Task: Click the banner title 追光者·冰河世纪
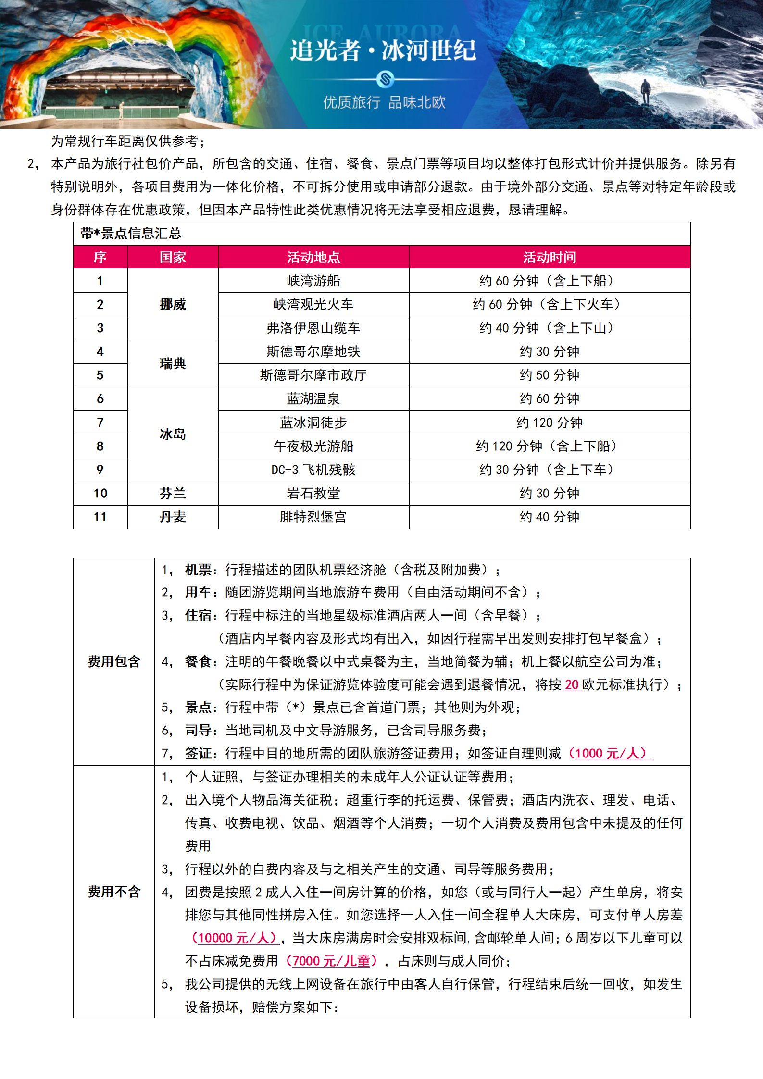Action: (x=383, y=50)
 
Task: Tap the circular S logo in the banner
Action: (x=385, y=79)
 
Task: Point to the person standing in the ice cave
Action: (x=646, y=91)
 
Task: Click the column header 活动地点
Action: (x=313, y=257)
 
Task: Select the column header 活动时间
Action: (x=550, y=257)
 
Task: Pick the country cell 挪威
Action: (x=173, y=304)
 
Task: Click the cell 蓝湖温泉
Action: (x=313, y=398)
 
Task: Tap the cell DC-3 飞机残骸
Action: (x=313, y=470)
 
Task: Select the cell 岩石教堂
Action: (x=313, y=493)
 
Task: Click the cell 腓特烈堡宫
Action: (x=313, y=517)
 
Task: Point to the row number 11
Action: (x=100, y=517)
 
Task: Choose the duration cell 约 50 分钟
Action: (x=550, y=375)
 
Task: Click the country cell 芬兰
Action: (x=173, y=493)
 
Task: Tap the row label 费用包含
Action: (x=114, y=661)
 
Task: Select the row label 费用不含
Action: (x=114, y=892)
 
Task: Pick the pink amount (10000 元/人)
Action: (x=234, y=938)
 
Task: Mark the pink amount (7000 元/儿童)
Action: (x=331, y=961)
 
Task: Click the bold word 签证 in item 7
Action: (x=198, y=753)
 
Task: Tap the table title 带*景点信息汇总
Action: (x=131, y=234)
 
